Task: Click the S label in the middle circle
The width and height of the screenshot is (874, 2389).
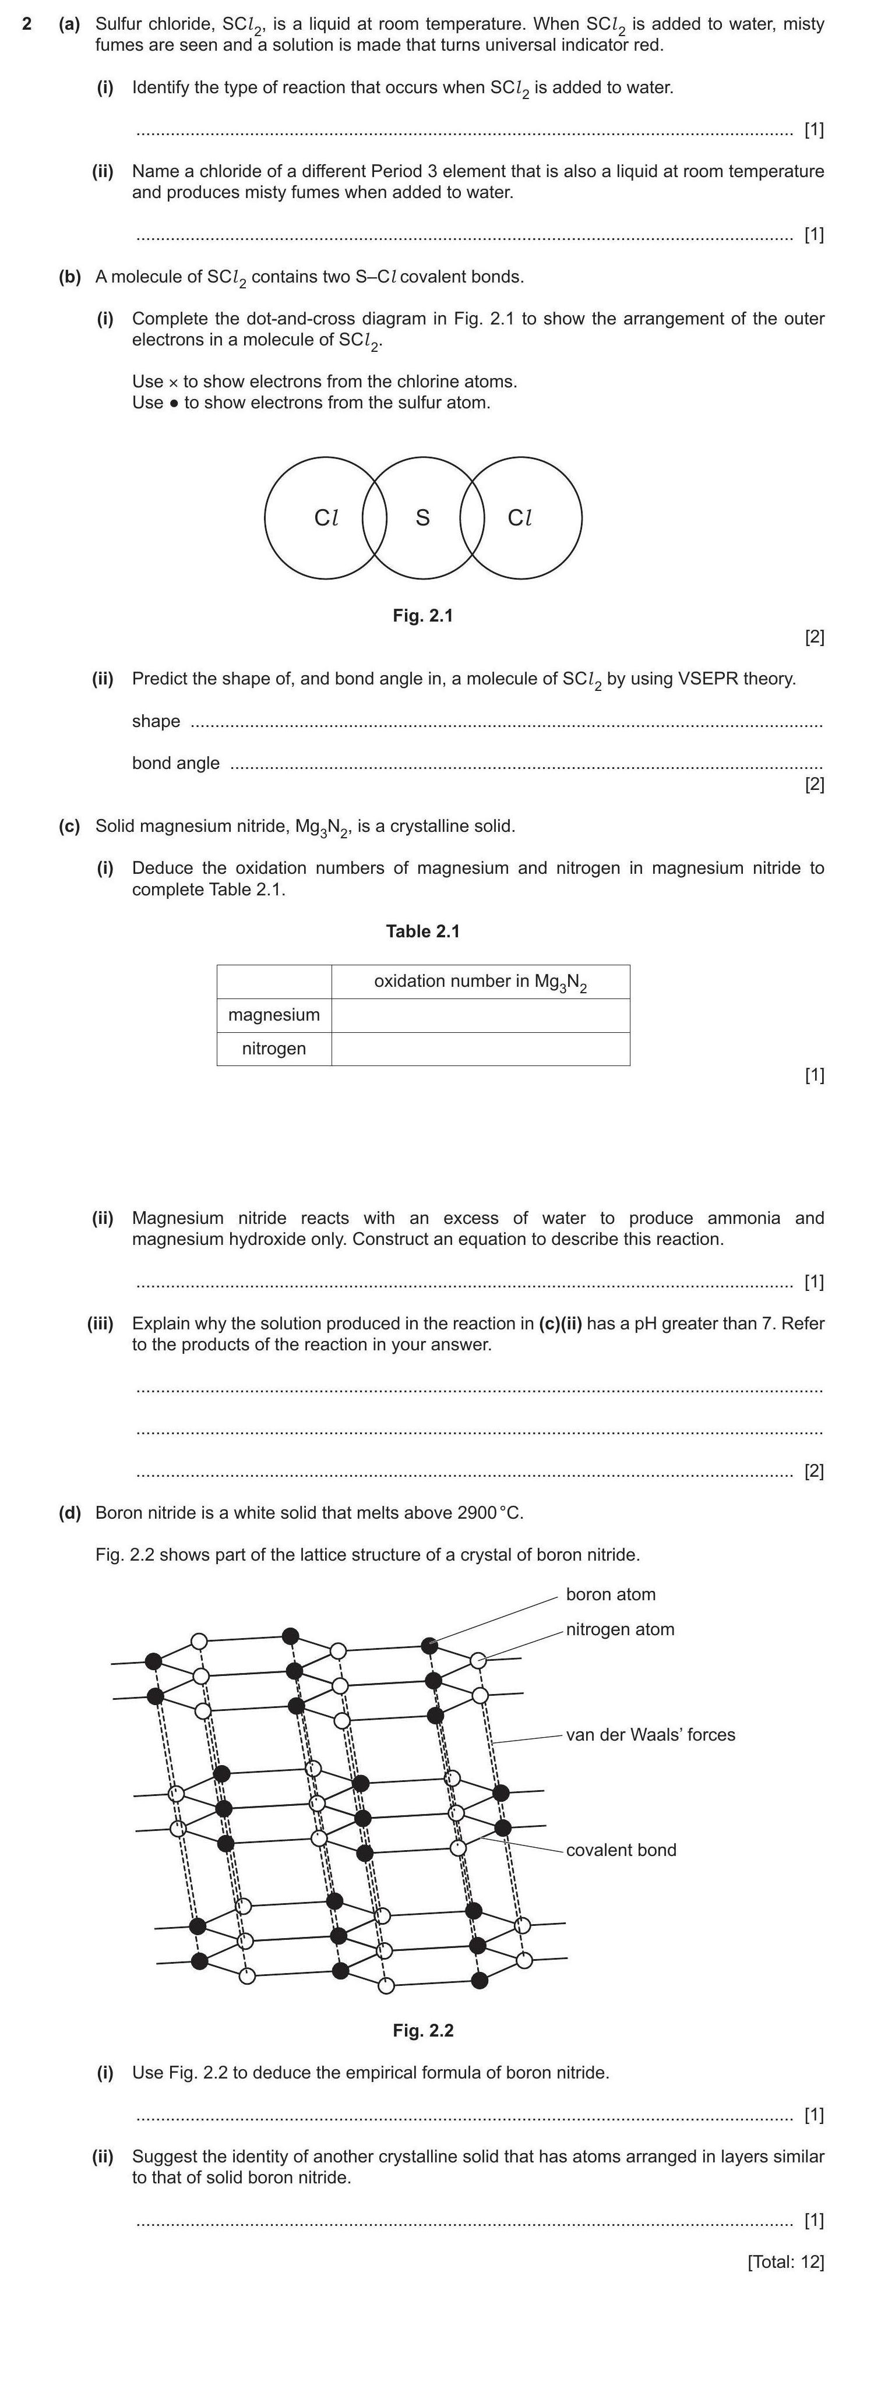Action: (x=422, y=517)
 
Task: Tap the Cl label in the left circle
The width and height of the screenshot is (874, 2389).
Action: (x=326, y=517)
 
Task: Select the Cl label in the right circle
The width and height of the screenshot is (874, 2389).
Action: (x=520, y=517)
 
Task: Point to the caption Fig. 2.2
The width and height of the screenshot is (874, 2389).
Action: (x=422, y=2030)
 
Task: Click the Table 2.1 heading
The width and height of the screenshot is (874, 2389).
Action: (x=422, y=931)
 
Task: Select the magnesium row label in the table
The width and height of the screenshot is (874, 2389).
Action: (x=274, y=1015)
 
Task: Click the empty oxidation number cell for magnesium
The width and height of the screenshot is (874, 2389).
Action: (x=480, y=1015)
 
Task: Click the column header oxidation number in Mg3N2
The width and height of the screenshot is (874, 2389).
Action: (x=480, y=981)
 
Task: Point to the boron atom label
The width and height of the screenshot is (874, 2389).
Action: (x=611, y=1594)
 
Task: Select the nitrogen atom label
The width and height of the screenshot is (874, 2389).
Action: (x=620, y=1629)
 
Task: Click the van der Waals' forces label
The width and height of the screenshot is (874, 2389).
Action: (x=650, y=1734)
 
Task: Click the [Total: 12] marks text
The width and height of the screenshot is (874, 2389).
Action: (x=785, y=2261)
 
